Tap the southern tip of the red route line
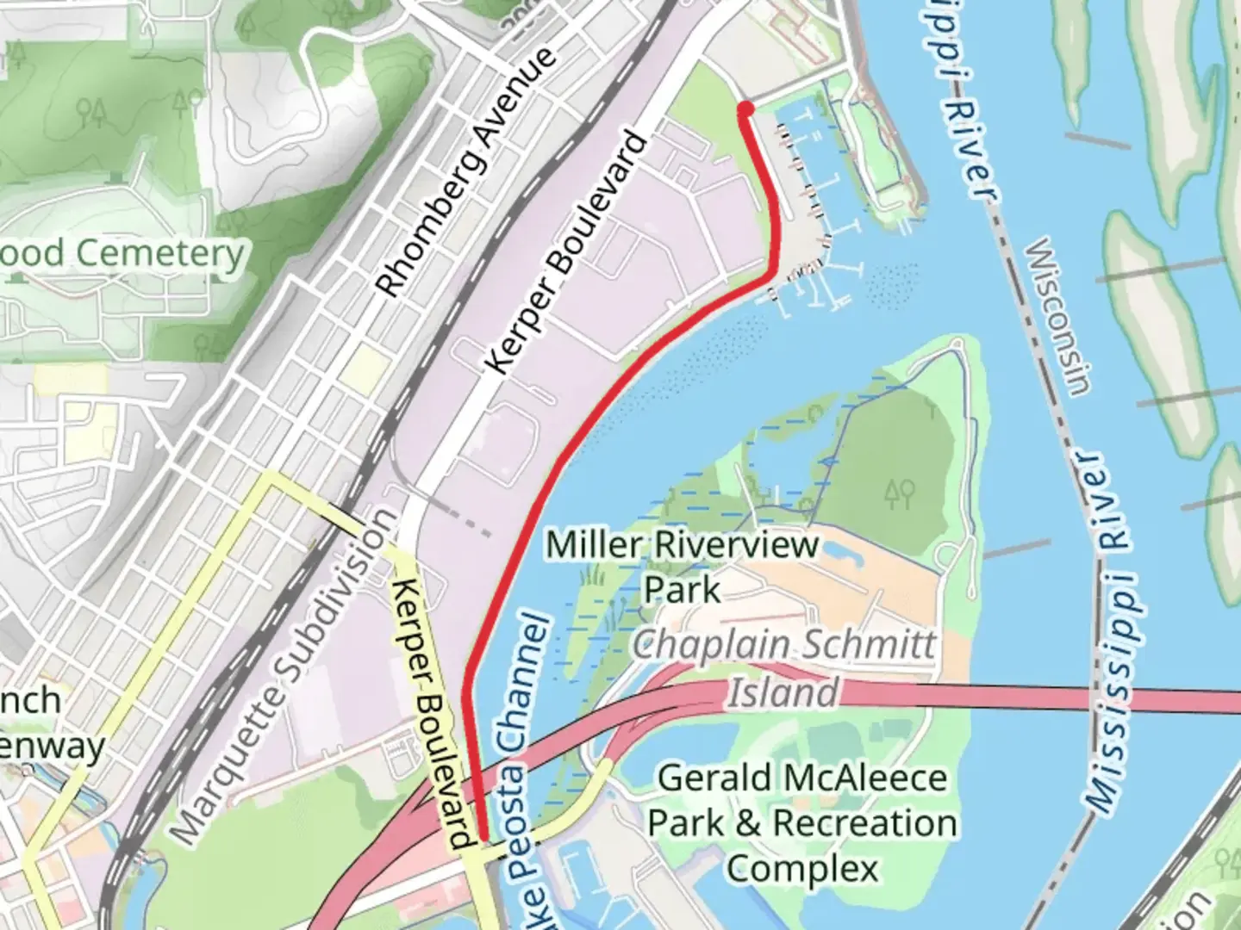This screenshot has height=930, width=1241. click(484, 837)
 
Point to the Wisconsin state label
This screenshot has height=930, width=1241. click(1057, 316)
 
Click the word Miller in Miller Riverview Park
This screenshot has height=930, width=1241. click(594, 545)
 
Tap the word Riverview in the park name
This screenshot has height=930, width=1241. click(737, 545)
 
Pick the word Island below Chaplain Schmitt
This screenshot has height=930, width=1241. click(783, 692)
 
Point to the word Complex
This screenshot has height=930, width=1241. click(802, 868)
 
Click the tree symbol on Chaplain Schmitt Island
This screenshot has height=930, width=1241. click(898, 493)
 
